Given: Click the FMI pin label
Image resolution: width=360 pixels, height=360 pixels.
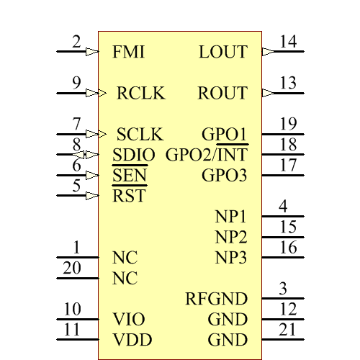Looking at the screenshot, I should coord(129,53).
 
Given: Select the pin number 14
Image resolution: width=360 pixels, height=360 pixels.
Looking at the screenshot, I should coord(288,42).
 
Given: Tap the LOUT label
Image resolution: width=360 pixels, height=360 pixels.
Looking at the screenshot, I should coord(222,53).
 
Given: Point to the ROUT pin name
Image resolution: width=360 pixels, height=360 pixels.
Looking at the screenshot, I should coord(222,94).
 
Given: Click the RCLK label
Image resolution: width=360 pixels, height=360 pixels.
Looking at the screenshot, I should coord(141,94).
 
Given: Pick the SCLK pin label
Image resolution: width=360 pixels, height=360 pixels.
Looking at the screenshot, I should coord(140,135).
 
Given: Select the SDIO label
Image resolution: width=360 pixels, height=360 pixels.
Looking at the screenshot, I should coord(134,155).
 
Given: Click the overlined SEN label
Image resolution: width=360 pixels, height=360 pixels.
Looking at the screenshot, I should coord(130,175).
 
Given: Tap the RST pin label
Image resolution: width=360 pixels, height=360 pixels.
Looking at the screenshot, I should coord(129,196).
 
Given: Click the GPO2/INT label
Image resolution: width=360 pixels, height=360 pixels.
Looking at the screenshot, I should coord(207,155).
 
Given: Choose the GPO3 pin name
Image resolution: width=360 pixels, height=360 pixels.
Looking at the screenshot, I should coord(224,175).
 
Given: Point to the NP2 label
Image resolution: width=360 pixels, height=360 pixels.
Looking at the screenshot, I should coord(231,237).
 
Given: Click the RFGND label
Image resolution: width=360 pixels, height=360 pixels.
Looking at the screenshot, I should coord(217,299).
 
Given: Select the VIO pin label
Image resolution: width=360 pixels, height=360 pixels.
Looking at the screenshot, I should coord(129,319).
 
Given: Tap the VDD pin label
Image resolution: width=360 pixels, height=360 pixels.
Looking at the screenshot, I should coord(130,340).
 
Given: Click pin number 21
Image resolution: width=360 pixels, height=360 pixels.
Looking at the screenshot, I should coord(288,330).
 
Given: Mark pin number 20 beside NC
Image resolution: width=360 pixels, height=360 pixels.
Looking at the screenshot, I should coord(72,268).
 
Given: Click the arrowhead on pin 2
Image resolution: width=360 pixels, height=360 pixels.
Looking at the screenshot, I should coord(91,52).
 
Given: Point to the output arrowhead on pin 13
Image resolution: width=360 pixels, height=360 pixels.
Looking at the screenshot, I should coord(268,93).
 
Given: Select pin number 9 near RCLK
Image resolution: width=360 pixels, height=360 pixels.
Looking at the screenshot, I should coord(76,83).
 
